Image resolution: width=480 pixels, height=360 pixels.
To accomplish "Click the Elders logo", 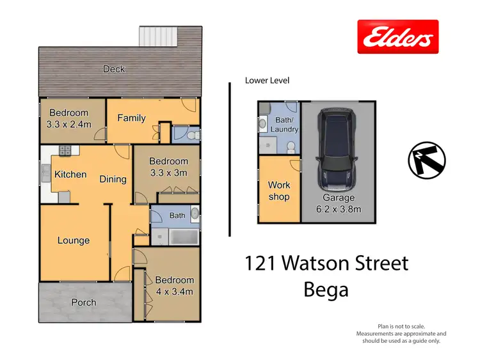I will (x=397, y=38).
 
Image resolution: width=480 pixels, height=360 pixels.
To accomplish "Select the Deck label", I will (x=114, y=69).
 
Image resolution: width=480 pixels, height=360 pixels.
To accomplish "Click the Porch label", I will (x=83, y=302).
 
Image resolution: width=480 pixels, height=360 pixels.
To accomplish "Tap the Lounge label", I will (x=74, y=240).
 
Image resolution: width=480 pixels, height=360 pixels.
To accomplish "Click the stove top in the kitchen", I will (x=65, y=152).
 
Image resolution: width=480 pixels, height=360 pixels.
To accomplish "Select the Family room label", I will (x=131, y=118).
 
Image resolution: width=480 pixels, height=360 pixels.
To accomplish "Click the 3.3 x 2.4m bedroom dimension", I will (x=68, y=125).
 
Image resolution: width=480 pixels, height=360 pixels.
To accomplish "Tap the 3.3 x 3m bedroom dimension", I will (x=168, y=173).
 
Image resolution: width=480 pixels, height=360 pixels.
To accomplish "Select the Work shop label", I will (x=278, y=191).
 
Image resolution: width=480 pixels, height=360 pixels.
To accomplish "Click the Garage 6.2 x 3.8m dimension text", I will (x=339, y=208).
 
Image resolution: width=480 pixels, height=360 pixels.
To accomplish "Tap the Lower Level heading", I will (x=267, y=81).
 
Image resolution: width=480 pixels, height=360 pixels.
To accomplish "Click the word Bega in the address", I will (x=326, y=290).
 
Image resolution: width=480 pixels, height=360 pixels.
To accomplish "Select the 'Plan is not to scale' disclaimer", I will (x=401, y=326).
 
